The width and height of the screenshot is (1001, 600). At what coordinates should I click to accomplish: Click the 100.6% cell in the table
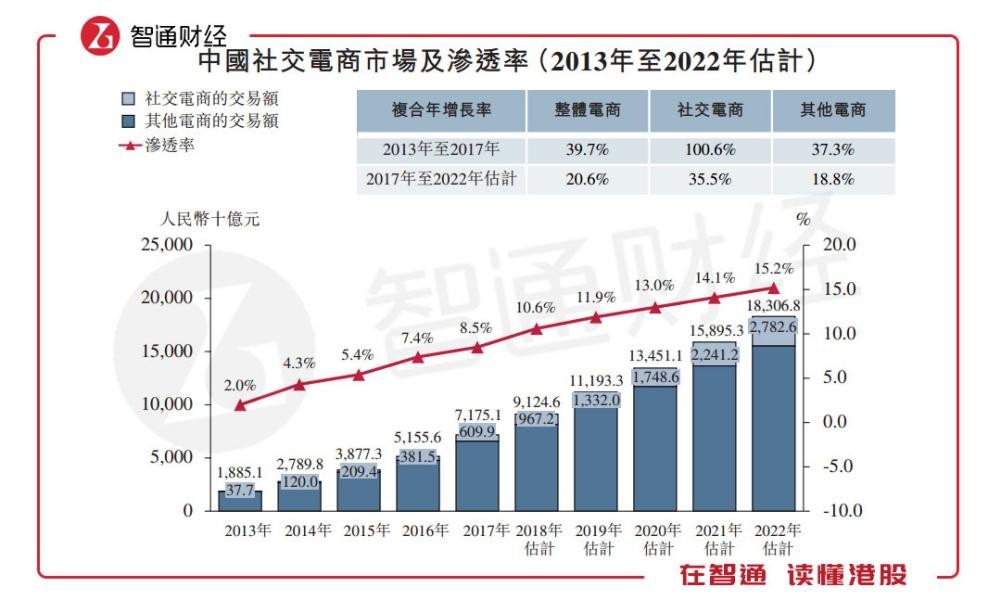710,150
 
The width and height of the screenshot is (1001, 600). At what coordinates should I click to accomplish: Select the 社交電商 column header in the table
710,110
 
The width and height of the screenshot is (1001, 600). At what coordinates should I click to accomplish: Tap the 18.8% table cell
833,180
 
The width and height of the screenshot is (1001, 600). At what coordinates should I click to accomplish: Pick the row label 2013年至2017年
440,150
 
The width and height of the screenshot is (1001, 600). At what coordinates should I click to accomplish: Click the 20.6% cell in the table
588,180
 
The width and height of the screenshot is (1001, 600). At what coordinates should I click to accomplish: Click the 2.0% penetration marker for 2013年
240,405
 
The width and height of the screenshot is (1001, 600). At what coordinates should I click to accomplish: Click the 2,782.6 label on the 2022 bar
773,327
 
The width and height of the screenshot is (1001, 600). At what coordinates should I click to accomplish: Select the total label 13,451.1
656,355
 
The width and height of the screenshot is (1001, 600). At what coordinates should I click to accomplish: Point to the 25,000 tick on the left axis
169,245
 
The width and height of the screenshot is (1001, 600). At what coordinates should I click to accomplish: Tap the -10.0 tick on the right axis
839,510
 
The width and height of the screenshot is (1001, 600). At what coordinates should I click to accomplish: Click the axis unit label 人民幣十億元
210,219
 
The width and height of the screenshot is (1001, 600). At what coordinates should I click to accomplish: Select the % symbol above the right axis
802,219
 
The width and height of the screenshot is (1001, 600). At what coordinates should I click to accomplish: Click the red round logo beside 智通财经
101,38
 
